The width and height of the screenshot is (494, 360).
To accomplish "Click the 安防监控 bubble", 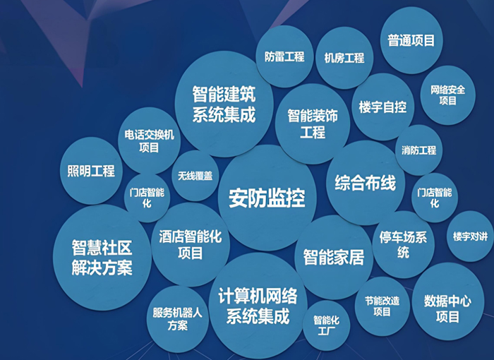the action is pyautogui.click(x=267, y=198).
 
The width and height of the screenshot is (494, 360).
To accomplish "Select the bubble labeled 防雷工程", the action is pyautogui.click(x=284, y=56).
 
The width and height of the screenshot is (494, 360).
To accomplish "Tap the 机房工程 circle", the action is pyautogui.click(x=344, y=58).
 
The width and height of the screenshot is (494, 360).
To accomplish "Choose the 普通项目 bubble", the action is pyautogui.click(x=411, y=40).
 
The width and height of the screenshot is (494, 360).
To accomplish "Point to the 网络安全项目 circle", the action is pyautogui.click(x=447, y=95).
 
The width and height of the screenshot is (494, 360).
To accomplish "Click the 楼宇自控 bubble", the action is pyautogui.click(x=382, y=107).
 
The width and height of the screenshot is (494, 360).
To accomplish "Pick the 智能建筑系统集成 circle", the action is pyautogui.click(x=224, y=104).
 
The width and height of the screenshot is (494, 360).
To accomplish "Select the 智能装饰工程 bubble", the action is pyautogui.click(x=313, y=124).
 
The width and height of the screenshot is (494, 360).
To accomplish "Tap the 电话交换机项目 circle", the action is pyautogui.click(x=149, y=140).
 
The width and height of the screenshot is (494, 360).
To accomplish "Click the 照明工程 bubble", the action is pyautogui.click(x=91, y=171).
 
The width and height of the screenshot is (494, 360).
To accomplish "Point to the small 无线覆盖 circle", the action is pyautogui.click(x=195, y=176).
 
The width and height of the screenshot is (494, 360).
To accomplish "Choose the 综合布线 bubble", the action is pyautogui.click(x=366, y=183).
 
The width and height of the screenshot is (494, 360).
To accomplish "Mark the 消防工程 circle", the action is pyautogui.click(x=418, y=150).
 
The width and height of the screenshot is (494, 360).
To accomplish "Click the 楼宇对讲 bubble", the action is pyautogui.click(x=471, y=236).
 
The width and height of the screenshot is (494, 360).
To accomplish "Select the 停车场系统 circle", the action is pyautogui.click(x=403, y=245).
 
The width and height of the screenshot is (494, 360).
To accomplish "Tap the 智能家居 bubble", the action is pyautogui.click(x=334, y=257).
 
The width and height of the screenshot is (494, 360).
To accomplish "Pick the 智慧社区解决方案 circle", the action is pyautogui.click(x=102, y=257).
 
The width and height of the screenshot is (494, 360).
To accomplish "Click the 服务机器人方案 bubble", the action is pyautogui.click(x=178, y=319).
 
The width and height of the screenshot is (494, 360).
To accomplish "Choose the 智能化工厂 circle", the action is pyautogui.click(x=326, y=325).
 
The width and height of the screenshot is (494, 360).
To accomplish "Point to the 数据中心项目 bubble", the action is pyautogui.click(x=447, y=308).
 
